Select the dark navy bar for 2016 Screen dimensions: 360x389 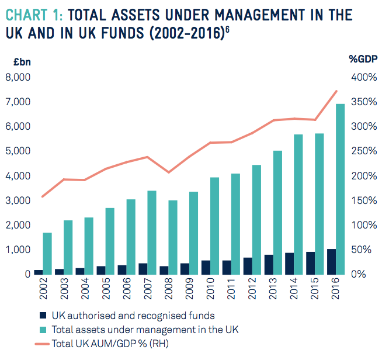[x=331, y=261]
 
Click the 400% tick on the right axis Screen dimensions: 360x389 [x=363, y=77]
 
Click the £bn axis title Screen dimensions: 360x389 [x=14, y=59]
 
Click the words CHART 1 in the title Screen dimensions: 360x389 [x=34, y=14]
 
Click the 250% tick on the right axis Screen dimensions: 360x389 [x=363, y=151]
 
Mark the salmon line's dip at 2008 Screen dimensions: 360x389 [x=169, y=172]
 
